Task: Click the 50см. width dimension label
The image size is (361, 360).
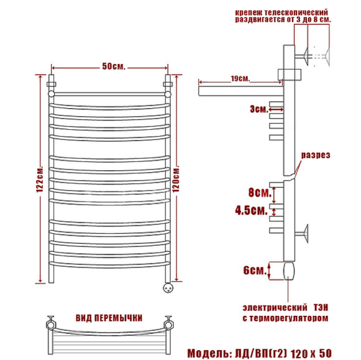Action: (x=113, y=67)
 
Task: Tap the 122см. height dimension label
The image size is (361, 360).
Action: (x=40, y=179)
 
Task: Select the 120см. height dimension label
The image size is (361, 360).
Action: (x=176, y=178)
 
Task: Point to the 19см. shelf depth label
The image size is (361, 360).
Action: (x=240, y=78)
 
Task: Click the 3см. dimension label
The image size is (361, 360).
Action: (x=259, y=109)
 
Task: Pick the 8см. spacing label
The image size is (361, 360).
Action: (x=260, y=192)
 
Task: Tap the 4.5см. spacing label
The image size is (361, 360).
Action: (x=251, y=210)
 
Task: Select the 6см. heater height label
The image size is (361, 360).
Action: (x=255, y=270)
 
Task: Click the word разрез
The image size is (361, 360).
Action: (x=316, y=155)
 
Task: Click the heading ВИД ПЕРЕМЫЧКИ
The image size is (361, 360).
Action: (x=109, y=318)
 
